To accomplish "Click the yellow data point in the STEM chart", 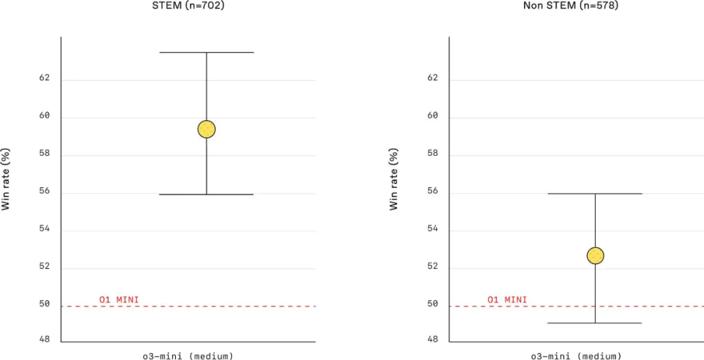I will (207, 129).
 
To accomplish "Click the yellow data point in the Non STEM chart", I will (595, 255).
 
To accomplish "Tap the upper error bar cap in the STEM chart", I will (207, 52).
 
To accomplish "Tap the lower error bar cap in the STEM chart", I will (207, 194).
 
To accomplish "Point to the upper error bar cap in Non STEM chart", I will (595, 194).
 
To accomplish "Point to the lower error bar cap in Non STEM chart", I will (595, 323).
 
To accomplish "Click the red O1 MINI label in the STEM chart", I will (119, 300).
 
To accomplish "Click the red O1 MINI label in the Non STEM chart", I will (507, 300).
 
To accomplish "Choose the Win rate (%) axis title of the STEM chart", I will (6, 179).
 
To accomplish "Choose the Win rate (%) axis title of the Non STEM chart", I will (394, 179).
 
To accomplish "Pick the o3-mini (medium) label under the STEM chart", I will (188, 355).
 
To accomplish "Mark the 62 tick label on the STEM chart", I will (44, 78).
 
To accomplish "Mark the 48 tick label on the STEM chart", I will (44, 340).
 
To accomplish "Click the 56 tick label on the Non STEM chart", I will (433, 192).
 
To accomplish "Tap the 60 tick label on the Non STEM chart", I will (433, 116).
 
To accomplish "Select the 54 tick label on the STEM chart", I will (44, 230).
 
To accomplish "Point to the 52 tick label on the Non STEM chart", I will (433, 267).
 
